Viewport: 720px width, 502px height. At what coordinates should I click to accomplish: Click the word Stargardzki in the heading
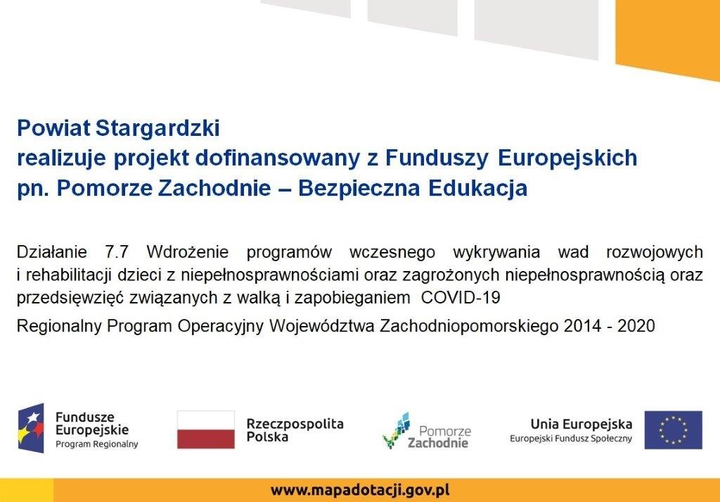pos(158,129)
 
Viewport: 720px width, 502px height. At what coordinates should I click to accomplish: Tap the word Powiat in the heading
pos(53,128)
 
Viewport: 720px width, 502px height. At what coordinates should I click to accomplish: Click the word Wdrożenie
pos(187,252)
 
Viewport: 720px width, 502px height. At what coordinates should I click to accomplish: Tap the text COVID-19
pos(461,298)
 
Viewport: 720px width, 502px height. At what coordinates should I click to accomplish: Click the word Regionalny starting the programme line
pos(59,327)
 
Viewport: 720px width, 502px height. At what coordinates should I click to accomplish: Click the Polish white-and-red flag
pos(206,429)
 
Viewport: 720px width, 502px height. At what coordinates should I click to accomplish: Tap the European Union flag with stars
pos(673,429)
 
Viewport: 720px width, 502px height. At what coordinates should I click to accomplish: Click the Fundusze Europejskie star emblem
pos(31,429)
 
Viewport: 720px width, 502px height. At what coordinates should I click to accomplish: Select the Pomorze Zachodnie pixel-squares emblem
pos(397,430)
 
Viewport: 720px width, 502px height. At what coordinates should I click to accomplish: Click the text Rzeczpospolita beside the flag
pos(295,423)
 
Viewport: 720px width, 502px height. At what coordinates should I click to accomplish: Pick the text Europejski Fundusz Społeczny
pos(571,439)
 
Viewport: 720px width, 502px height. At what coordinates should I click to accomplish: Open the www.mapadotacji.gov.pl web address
pos(360,490)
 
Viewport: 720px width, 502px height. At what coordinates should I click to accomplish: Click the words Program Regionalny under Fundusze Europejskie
pos(97,444)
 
